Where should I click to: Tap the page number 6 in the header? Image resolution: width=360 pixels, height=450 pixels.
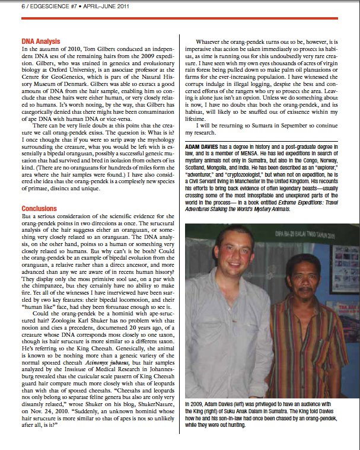click(7, 5)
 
